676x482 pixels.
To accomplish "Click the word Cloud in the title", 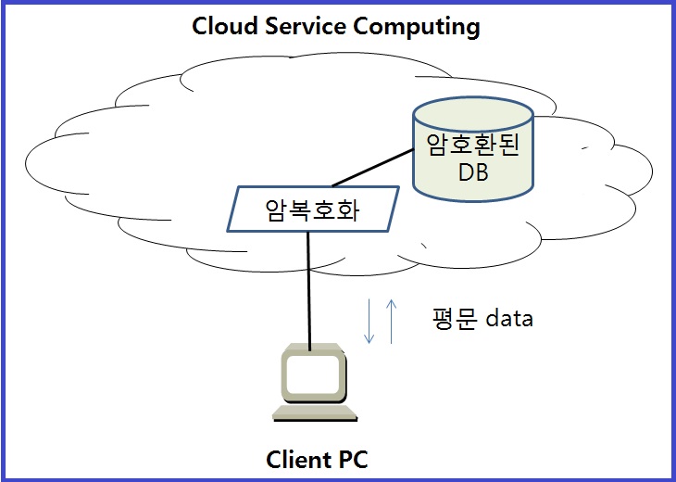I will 221,26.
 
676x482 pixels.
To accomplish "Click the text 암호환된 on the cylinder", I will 472,146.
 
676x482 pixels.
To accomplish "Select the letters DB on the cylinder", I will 472,173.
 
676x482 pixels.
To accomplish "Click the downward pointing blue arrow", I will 369,321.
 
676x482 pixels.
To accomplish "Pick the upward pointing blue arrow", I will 391,321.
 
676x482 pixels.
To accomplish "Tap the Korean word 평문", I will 454,319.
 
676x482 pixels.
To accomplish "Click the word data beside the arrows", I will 509,319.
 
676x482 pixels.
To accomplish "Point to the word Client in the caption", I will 295,460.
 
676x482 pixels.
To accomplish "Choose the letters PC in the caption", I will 352,460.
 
